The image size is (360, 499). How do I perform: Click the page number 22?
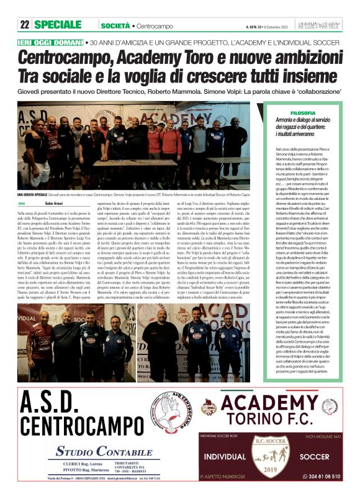coord(25,25)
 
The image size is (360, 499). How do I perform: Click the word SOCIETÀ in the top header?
coord(115,25)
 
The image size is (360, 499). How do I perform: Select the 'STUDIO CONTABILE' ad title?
coord(104,451)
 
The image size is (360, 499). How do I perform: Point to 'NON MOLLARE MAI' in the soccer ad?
coord(320,437)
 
